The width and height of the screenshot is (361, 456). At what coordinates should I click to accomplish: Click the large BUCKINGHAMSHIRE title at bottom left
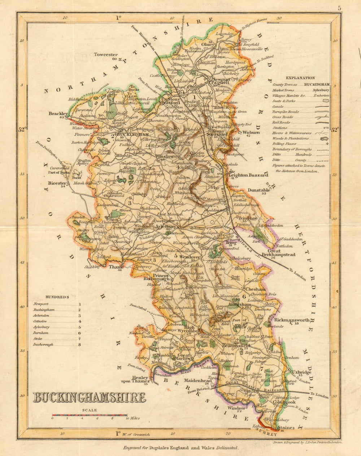tap(89, 398)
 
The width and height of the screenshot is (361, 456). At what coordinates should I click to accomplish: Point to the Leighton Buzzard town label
tap(249, 175)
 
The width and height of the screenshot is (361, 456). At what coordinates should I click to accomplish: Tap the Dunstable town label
tap(258, 190)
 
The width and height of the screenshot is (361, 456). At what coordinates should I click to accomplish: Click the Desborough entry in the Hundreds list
tap(43, 345)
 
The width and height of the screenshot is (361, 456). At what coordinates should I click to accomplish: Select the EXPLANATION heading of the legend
tap(300, 78)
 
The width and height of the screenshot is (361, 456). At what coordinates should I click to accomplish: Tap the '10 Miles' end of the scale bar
tap(132, 419)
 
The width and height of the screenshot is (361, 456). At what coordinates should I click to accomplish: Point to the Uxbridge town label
tap(299, 371)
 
